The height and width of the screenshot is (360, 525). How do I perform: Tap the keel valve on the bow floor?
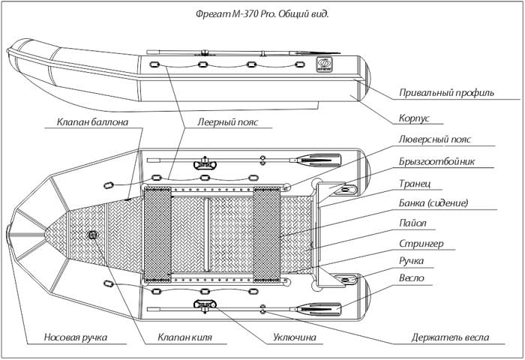[92, 235]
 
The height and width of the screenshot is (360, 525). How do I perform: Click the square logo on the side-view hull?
[323, 64]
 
